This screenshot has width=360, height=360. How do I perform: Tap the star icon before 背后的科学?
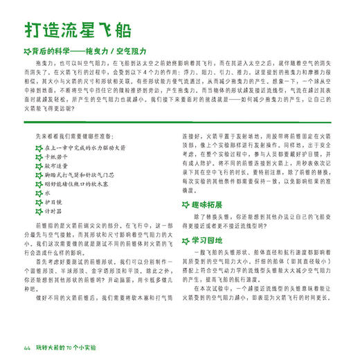tap(26, 51)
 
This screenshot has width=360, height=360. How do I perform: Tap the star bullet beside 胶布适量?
tap(38, 166)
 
